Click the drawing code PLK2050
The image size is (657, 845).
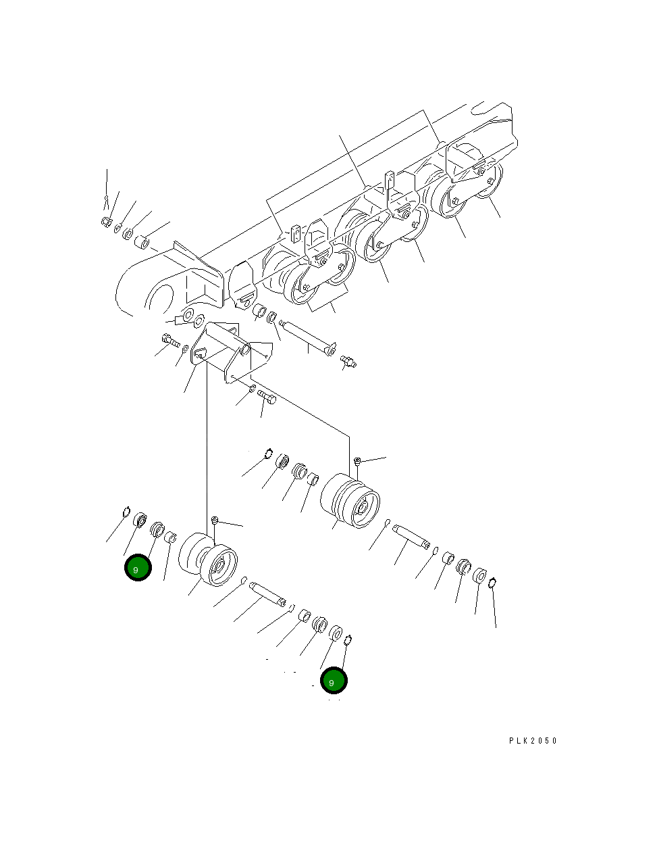533,740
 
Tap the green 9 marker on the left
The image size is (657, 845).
138,569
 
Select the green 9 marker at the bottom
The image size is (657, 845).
334,681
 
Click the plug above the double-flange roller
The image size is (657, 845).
358,461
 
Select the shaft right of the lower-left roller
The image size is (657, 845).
268,593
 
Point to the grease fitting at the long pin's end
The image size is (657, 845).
348,361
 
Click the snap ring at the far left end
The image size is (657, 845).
126,512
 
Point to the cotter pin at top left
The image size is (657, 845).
106,199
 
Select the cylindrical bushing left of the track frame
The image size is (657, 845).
143,242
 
